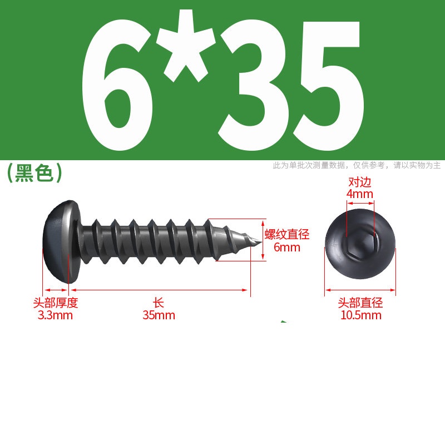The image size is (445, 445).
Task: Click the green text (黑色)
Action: tap(34, 173)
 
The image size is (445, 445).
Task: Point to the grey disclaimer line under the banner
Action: tap(357, 165)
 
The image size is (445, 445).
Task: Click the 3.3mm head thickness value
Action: tap(55, 315)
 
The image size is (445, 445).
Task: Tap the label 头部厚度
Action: tap(55, 303)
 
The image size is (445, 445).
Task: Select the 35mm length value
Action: tap(159, 315)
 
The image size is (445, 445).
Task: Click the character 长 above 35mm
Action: tap(159, 303)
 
